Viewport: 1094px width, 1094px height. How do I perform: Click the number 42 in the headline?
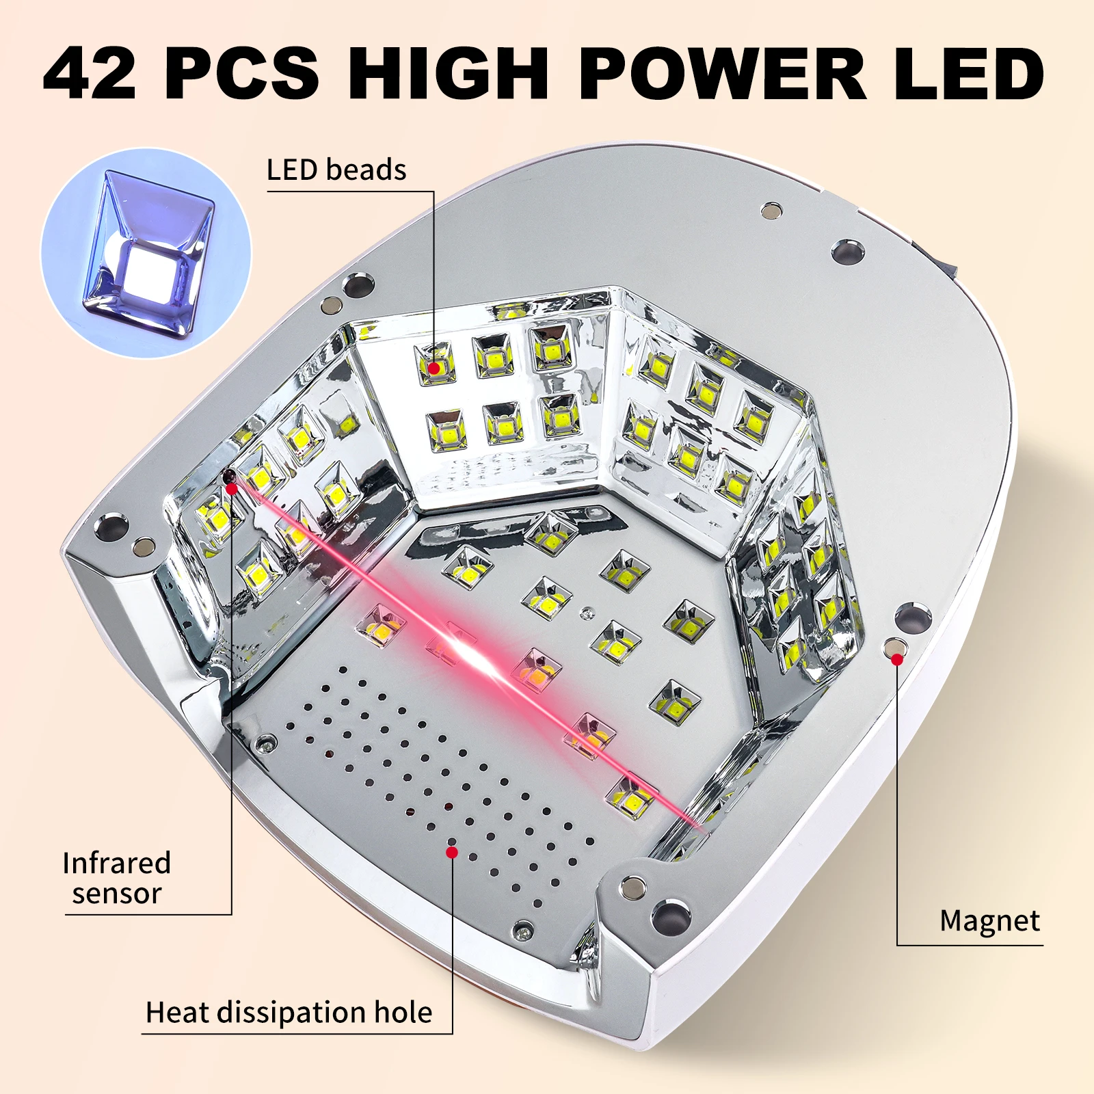[89, 73]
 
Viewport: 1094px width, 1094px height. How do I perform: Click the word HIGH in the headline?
[449, 73]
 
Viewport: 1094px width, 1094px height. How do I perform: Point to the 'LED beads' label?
[336, 170]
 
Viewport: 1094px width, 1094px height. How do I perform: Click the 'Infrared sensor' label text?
[116, 879]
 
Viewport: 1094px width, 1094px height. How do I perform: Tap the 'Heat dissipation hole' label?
[289, 1013]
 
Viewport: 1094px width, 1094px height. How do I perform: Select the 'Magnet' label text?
[989, 921]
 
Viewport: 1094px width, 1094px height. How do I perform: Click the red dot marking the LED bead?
[433, 368]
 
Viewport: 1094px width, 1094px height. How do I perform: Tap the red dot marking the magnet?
[896, 659]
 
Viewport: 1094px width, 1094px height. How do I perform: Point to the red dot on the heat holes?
[451, 852]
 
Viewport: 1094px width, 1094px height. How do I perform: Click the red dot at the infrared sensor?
[232, 488]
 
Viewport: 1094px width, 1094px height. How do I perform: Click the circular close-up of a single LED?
[146, 253]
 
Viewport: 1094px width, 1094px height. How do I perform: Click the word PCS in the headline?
[242, 73]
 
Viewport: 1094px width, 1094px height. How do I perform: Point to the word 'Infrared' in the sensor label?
[116, 864]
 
